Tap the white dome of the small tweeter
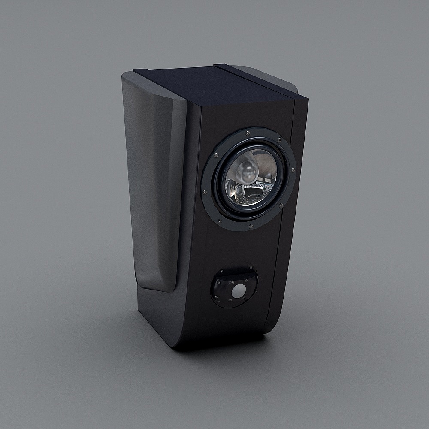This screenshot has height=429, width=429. tap(237, 292)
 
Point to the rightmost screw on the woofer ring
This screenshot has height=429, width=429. tap(293, 170)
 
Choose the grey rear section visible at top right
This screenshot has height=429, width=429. tap(275, 75)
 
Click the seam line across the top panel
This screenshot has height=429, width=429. tap(257, 82)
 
